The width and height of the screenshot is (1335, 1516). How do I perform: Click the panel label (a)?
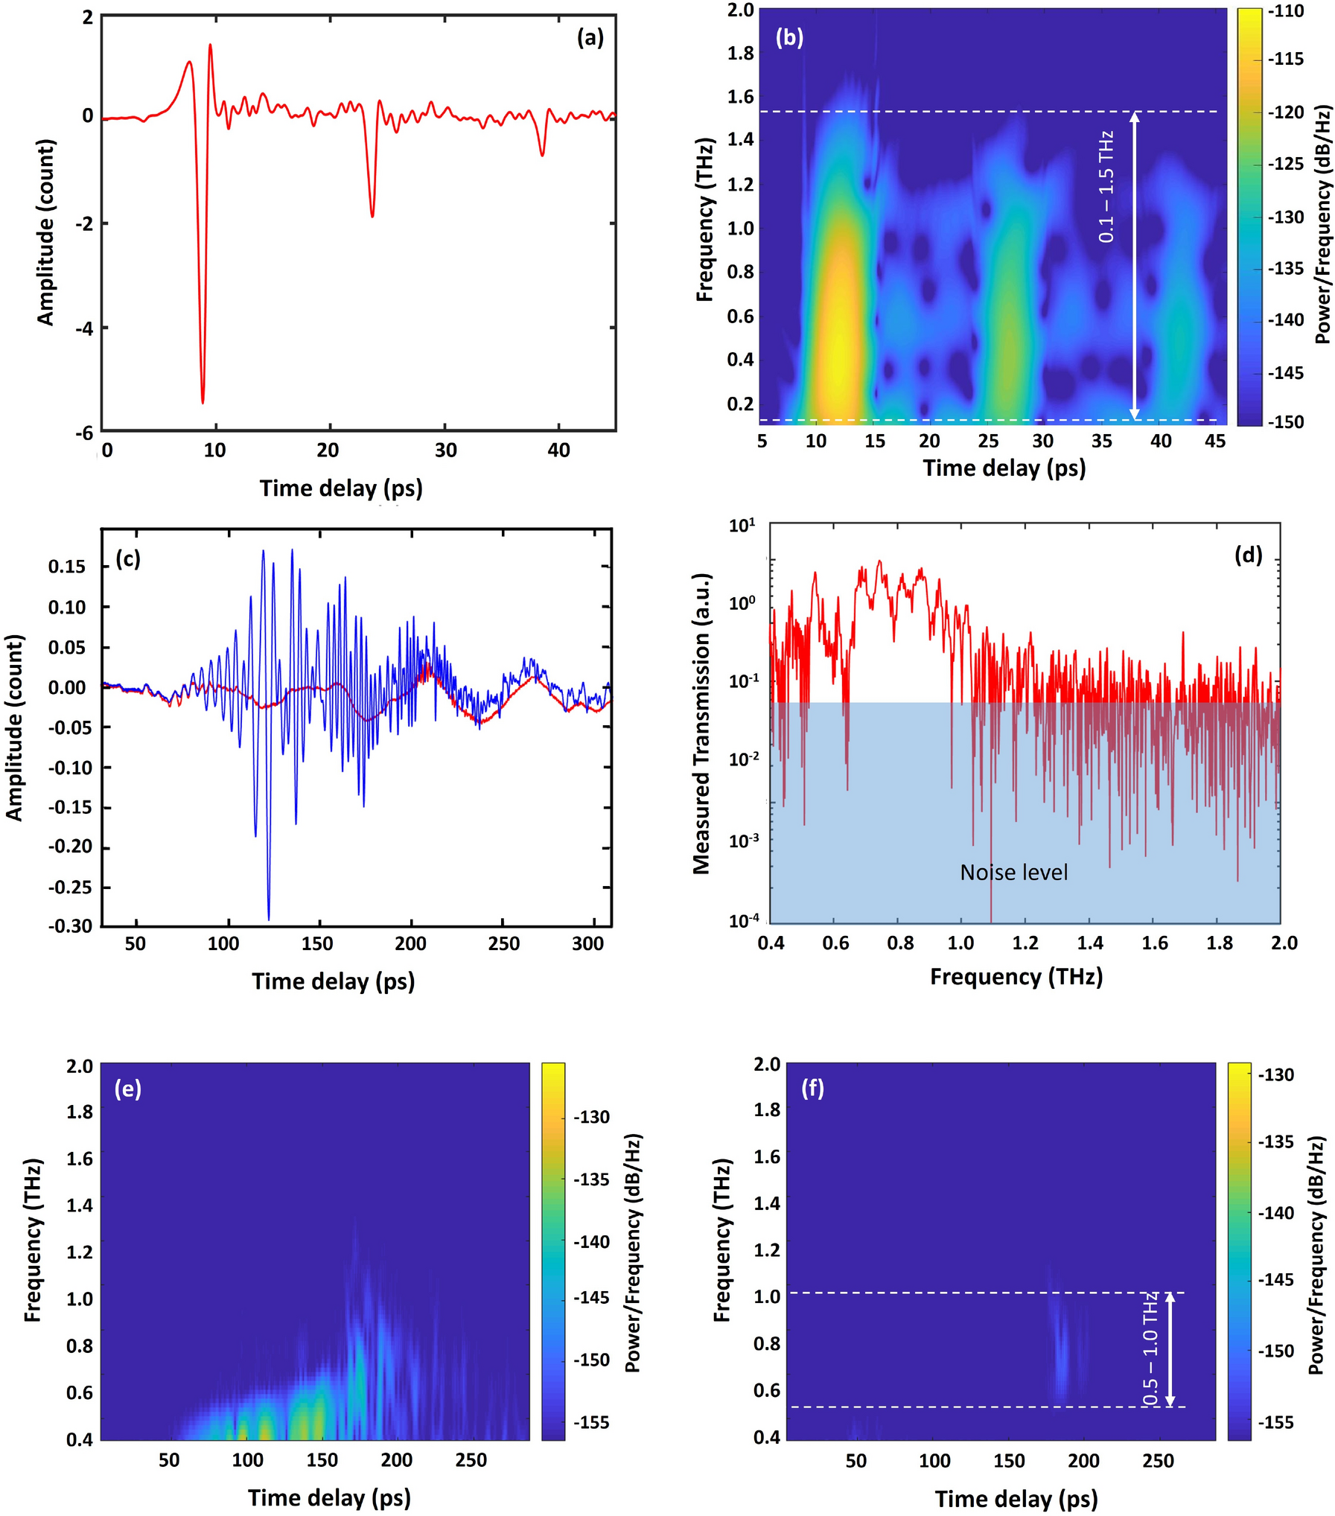[x=590, y=38]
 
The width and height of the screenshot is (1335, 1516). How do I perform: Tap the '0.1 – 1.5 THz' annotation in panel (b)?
[x=1106, y=187]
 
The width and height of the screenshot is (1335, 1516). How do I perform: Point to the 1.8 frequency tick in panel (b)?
[x=740, y=54]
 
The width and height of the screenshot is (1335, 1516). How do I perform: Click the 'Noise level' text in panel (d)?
[x=1013, y=873]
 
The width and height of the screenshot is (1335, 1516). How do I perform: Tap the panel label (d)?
[x=1249, y=555]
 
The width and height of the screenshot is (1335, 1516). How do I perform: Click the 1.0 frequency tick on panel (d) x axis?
[x=960, y=943]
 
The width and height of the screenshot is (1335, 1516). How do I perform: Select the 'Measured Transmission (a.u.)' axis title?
[x=701, y=724]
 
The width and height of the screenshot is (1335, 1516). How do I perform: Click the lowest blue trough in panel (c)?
[x=269, y=917]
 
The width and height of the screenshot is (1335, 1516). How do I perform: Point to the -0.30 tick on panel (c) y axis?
[x=71, y=926]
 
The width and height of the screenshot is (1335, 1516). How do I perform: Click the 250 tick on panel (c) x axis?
[x=503, y=944]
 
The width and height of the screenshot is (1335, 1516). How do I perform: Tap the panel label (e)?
[x=128, y=1089]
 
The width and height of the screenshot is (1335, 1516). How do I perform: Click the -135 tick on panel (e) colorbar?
[x=591, y=1179]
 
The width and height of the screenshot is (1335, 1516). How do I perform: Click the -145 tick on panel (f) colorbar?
[x=1276, y=1280]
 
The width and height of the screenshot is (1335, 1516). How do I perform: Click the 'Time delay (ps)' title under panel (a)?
[x=341, y=488]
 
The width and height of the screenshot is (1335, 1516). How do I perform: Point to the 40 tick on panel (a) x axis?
[x=558, y=450]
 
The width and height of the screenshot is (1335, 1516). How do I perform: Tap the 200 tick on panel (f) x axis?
[x=1083, y=1461]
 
